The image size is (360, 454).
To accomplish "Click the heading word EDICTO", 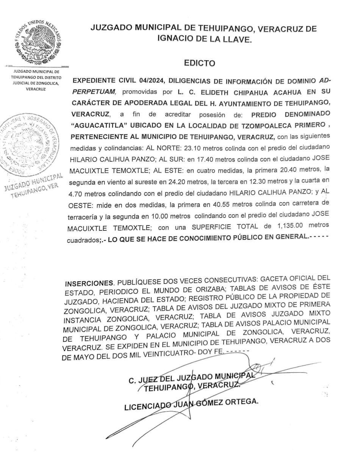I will [199, 63].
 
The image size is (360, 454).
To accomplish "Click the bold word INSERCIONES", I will [89, 283].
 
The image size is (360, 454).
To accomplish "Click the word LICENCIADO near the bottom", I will [146, 406].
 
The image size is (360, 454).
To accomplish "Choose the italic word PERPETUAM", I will [96, 92].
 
